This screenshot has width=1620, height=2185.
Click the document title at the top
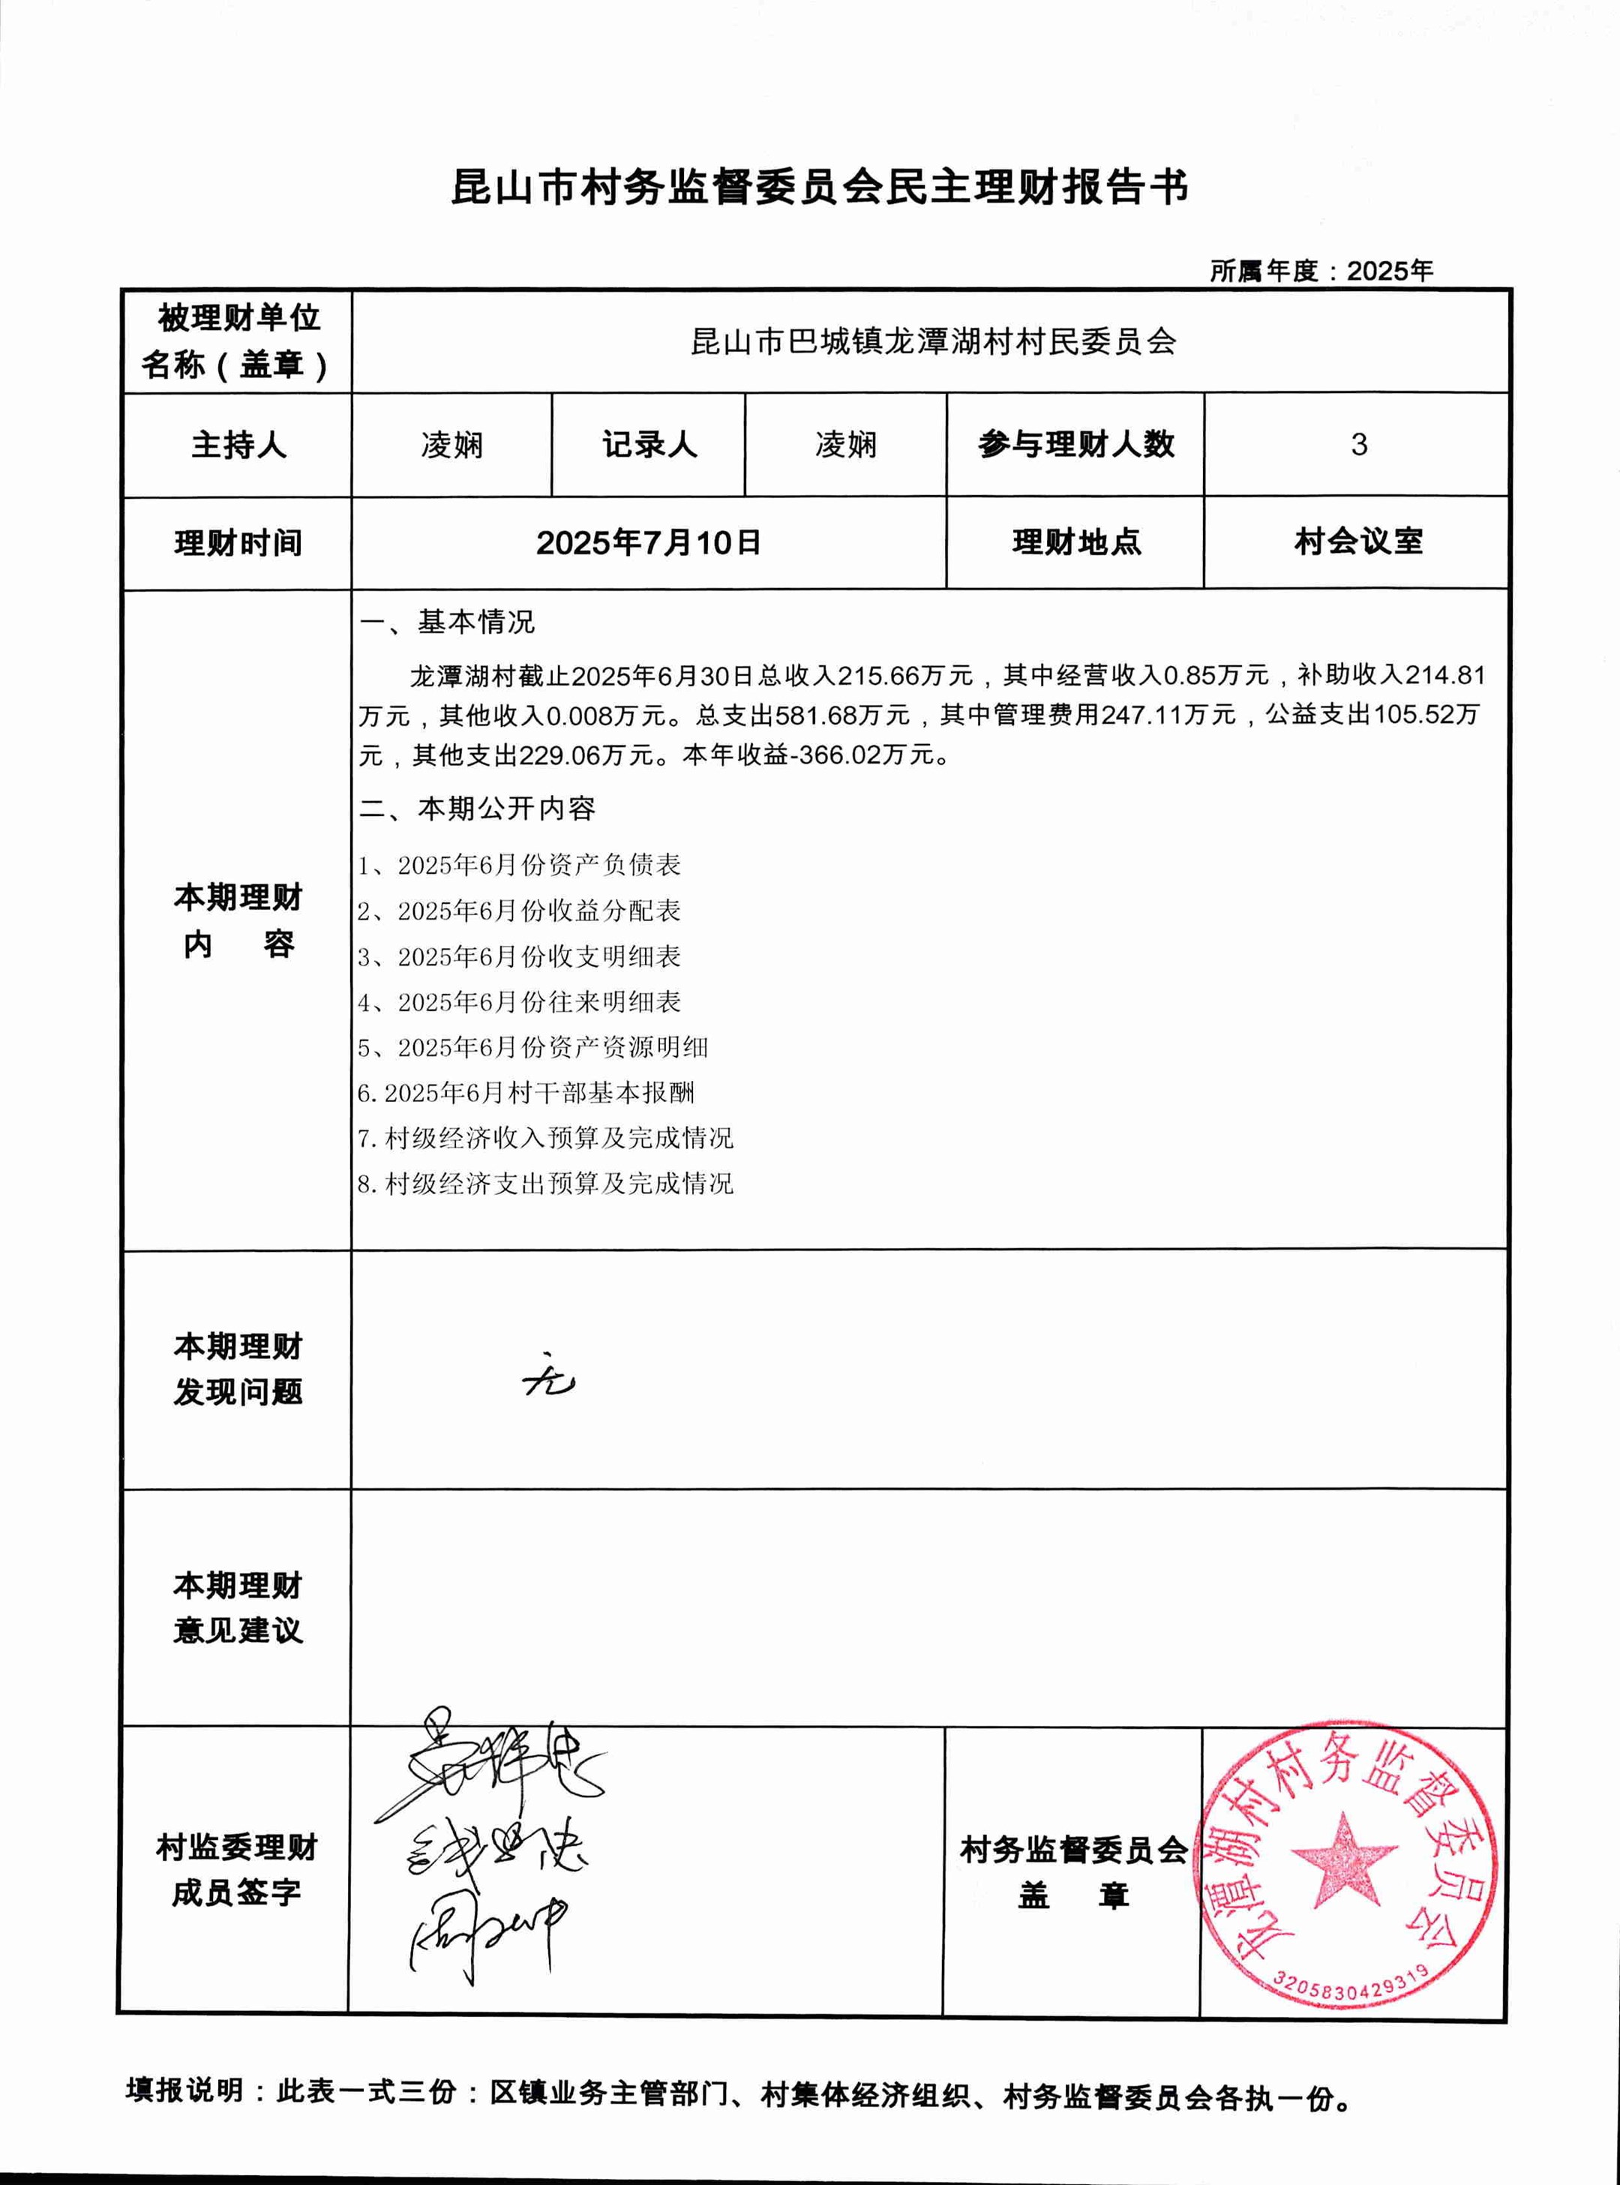(x=819, y=186)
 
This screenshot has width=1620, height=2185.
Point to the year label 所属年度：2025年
(x=1320, y=271)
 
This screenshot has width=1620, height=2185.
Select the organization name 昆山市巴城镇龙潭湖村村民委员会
(x=932, y=341)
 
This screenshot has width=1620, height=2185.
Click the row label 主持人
(x=238, y=446)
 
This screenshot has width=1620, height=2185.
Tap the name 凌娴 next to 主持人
(x=452, y=446)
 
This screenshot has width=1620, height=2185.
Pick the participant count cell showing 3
(x=1358, y=444)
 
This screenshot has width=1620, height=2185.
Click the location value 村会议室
(x=1358, y=542)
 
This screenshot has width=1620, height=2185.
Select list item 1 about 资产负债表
(x=520, y=865)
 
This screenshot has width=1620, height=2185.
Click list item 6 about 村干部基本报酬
(x=526, y=1092)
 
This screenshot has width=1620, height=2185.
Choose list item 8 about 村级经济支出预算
(x=545, y=1184)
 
